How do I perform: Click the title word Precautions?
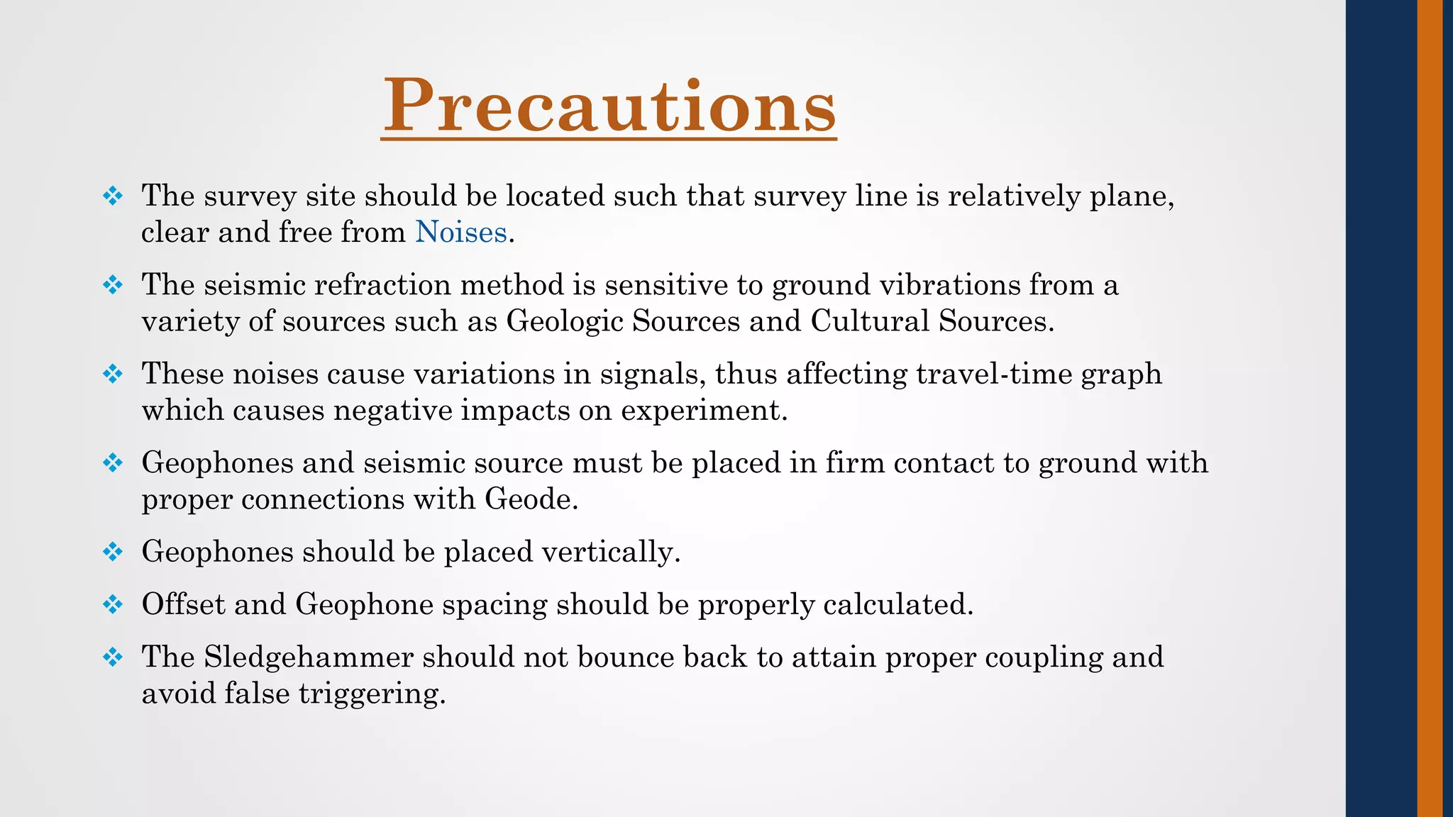coord(609,106)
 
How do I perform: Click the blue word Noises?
coord(460,233)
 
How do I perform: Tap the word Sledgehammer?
coord(309,657)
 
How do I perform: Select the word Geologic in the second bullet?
coord(564,322)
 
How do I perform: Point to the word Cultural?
coord(870,321)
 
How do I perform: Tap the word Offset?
coord(183,604)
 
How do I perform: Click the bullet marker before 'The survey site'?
coord(113,196)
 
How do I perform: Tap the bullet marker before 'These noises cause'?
coord(113,374)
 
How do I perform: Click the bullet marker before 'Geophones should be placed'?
coord(113,552)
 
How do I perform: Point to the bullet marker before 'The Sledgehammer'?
coord(113,657)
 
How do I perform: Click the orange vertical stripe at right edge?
coord(1430,408)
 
